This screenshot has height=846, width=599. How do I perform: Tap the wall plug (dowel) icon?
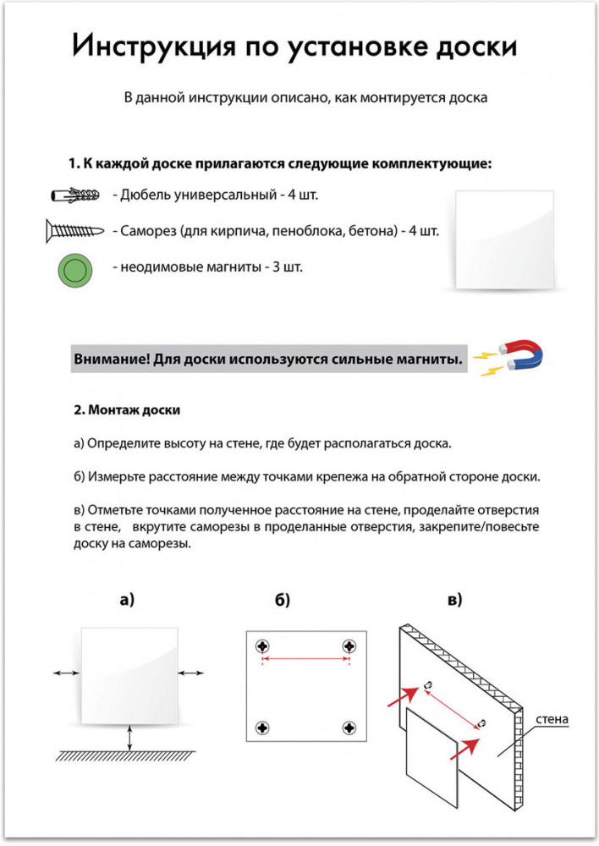(76, 196)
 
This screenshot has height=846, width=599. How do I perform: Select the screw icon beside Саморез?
(75, 230)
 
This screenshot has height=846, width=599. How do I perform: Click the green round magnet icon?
(74, 271)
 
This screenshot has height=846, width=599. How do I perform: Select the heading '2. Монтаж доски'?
(127, 411)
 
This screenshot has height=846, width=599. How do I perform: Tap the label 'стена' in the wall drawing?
(551, 721)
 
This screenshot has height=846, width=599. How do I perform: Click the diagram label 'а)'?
(127, 601)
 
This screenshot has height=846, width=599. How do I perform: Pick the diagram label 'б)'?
(283, 601)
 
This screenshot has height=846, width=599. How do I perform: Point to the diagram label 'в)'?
(454, 601)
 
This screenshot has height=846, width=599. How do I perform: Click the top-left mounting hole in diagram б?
(263, 647)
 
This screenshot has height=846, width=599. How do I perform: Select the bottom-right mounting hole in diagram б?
(348, 727)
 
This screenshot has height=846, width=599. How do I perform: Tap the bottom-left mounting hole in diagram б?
(263, 727)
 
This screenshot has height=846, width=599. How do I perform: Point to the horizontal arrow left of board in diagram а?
(66, 673)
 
